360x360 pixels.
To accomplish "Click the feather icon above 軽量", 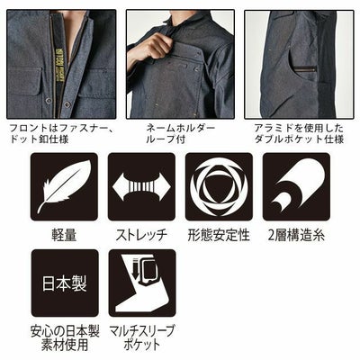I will point(64,187).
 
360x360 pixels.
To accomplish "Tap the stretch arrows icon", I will point(141,187).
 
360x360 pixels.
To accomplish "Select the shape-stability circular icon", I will point(219,187).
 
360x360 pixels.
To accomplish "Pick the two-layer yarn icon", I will point(296,187).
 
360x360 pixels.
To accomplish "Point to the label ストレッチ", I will point(141,236).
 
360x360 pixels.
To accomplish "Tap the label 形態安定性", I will point(219,236).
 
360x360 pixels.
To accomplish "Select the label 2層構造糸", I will point(296,236).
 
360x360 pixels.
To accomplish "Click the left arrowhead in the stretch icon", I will point(118,187).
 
